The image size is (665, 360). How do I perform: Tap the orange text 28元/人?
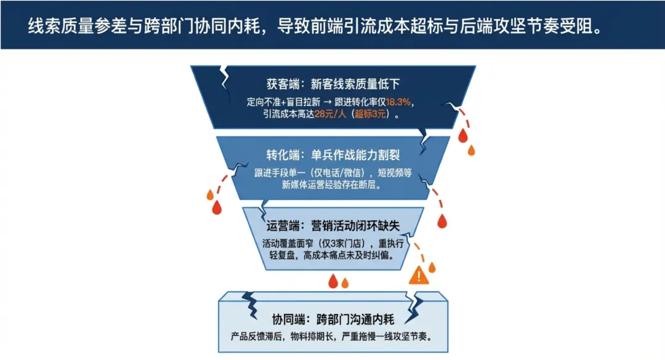[332, 114]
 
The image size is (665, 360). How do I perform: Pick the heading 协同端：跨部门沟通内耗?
[333, 319]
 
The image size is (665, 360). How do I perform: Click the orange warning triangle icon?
[419, 274]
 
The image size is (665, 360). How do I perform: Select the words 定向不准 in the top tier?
[261, 102]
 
